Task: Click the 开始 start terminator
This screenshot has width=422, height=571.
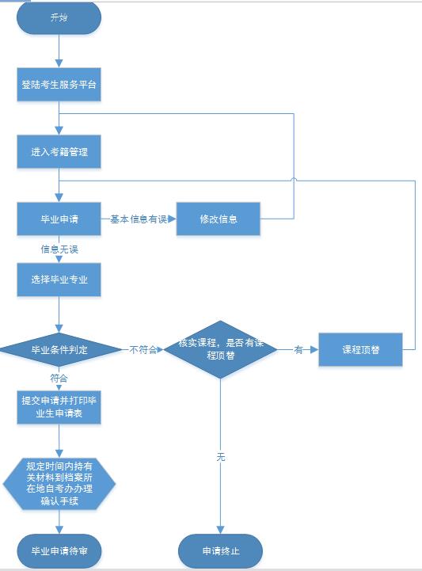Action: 59,18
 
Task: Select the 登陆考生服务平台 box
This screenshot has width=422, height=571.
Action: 59,85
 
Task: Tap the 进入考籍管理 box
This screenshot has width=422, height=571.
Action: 59,151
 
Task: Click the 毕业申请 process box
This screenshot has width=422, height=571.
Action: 59,219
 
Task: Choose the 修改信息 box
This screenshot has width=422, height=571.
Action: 219,219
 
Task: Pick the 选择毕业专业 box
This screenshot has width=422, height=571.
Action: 59,280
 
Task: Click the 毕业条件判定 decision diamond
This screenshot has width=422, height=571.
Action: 59,348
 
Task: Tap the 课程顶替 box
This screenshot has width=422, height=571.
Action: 360,349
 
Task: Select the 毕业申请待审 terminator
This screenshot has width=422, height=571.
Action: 59,550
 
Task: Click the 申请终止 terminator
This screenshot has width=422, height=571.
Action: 219,550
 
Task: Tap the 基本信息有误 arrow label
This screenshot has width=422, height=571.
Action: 139,219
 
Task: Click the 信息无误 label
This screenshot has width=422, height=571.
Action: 59,249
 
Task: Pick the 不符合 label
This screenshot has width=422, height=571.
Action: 143,349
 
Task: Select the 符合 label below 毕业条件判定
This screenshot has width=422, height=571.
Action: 59,379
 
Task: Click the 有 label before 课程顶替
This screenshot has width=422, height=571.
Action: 298,349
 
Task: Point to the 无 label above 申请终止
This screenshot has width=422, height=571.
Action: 219,457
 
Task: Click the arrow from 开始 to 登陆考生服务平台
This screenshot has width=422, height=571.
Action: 59,51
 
